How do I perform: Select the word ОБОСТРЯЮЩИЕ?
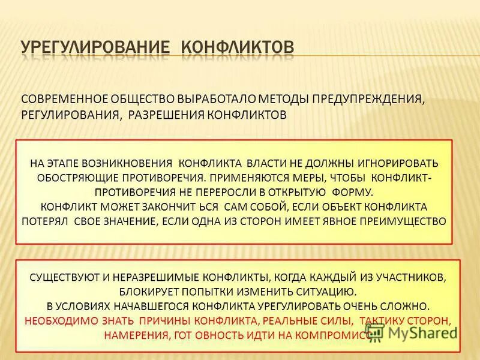(77, 178)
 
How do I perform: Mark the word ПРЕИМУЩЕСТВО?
(404, 221)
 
